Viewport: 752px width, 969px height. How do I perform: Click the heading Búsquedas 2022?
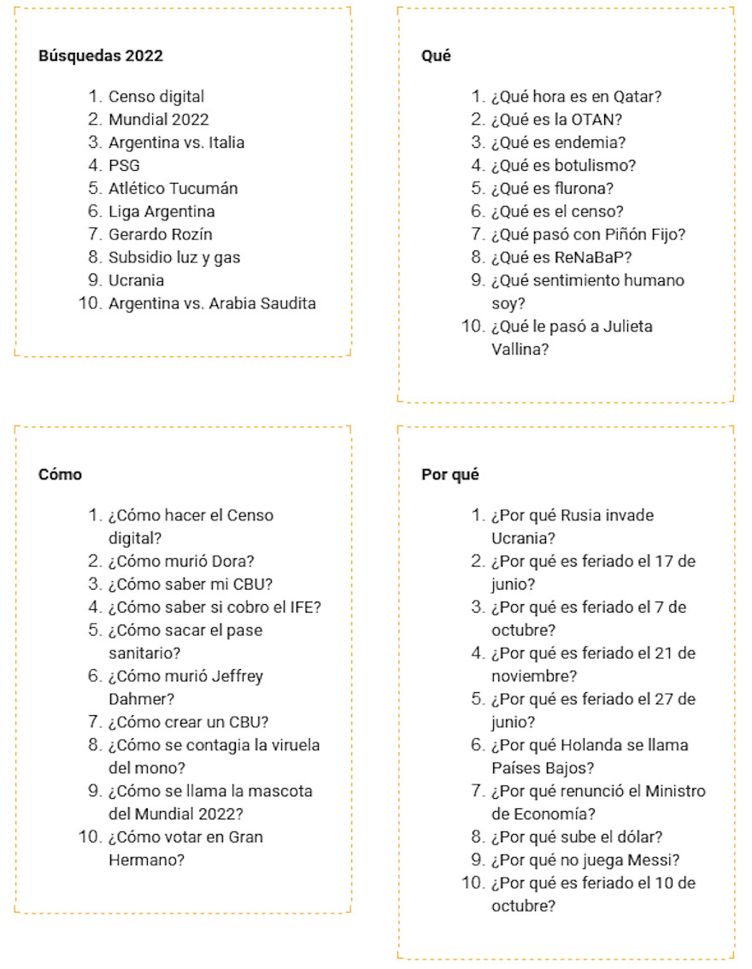[x=101, y=56]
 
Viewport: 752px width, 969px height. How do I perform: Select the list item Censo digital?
[x=156, y=97]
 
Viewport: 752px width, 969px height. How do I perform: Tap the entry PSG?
[x=124, y=166]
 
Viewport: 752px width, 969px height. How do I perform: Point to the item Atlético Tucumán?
[x=173, y=189]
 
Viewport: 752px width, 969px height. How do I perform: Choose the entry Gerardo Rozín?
[x=161, y=234]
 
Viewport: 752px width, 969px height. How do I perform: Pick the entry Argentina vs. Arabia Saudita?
[x=212, y=303]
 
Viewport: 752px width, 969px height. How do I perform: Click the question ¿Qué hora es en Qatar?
[x=576, y=97]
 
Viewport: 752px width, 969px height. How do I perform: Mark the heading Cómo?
[x=60, y=474]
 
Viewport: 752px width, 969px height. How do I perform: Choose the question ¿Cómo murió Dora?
[x=180, y=561]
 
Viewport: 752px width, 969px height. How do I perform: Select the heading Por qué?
[x=449, y=474]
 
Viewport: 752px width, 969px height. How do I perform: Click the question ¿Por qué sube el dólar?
[x=577, y=837]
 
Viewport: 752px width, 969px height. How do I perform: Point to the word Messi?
[x=660, y=860]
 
